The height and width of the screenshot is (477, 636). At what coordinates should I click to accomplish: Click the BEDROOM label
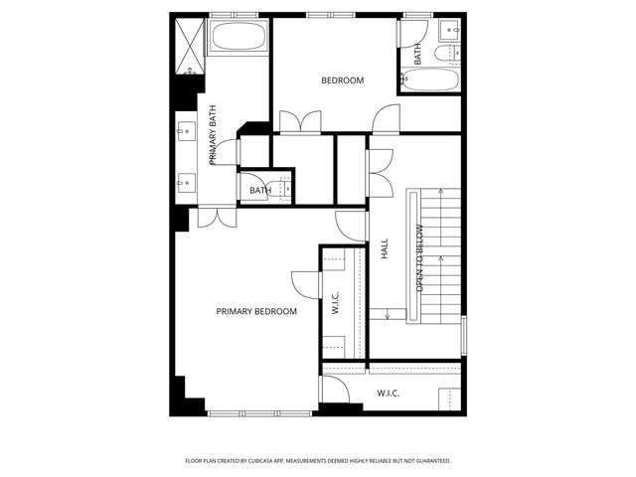tap(342, 80)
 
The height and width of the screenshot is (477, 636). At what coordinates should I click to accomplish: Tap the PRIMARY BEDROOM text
tap(256, 312)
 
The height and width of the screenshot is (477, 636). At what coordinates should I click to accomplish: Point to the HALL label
tap(385, 249)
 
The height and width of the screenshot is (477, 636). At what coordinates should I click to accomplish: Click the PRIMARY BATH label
tap(213, 141)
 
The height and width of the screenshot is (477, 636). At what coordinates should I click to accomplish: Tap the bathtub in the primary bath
tap(238, 41)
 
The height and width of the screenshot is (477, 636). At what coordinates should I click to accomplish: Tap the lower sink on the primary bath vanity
tap(186, 182)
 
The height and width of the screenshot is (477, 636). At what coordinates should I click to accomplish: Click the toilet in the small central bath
tap(283, 187)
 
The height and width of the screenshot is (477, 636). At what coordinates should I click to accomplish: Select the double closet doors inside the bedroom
tap(298, 121)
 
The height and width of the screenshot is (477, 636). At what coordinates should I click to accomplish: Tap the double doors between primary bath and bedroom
tap(215, 217)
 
